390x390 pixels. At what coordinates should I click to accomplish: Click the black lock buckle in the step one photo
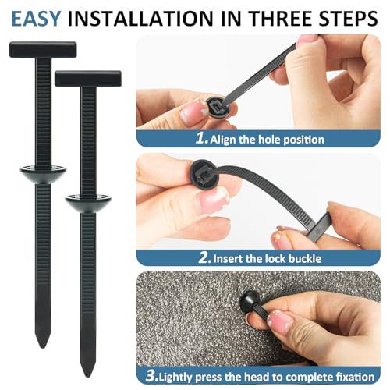point(215,105)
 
